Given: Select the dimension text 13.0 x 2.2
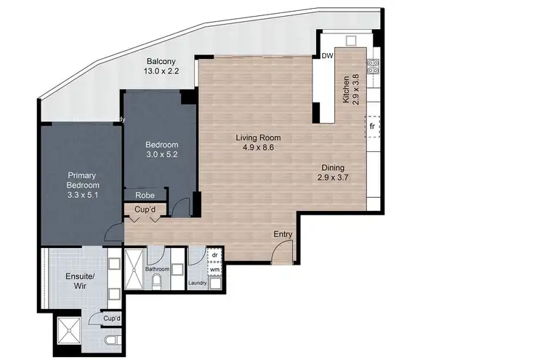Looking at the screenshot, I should [x=163, y=71].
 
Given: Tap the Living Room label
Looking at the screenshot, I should [x=257, y=137].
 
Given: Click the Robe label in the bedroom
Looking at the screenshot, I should [x=144, y=195].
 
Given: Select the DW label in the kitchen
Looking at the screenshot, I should [x=327, y=55].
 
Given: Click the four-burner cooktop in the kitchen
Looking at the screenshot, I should [x=374, y=66].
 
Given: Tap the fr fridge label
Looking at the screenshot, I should [x=372, y=126].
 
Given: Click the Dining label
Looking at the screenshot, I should [x=334, y=167].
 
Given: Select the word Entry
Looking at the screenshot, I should [x=283, y=234].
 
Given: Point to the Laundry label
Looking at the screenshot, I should [x=196, y=284].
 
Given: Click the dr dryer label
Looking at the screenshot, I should [x=214, y=255].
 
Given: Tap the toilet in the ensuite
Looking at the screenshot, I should [x=110, y=341].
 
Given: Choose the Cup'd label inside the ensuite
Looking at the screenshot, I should [x=111, y=319].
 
